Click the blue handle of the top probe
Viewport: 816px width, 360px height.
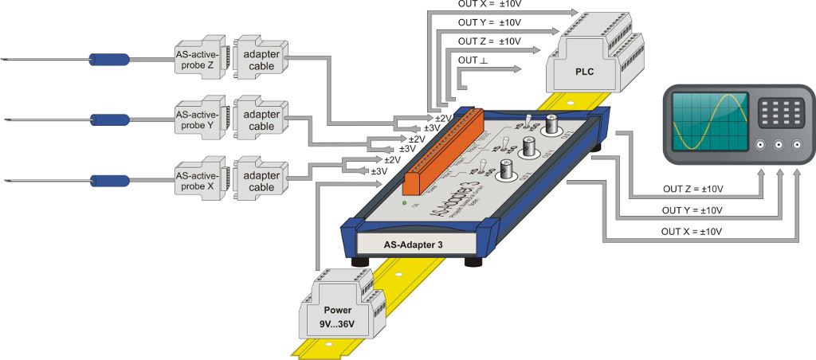pos(109,59)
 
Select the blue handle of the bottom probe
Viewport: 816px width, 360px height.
pos(109,178)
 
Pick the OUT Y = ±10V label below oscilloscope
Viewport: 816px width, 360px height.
pos(691,210)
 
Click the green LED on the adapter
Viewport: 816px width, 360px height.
pos(405,204)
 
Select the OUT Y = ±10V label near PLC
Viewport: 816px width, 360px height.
pos(488,22)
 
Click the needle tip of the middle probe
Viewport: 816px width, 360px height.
pos(6,119)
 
